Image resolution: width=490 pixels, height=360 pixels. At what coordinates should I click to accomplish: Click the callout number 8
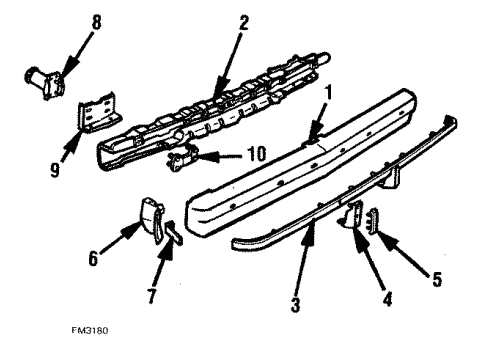tap(96, 23)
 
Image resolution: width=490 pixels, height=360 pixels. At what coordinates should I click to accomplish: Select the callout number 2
tap(243, 23)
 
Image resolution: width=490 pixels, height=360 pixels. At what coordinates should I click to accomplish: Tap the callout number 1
tap(329, 92)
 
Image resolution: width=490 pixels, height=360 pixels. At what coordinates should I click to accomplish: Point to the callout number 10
tap(257, 154)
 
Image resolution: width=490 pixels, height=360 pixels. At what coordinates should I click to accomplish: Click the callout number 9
tap(55, 170)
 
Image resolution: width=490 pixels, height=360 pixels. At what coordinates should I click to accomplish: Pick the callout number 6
tap(93, 258)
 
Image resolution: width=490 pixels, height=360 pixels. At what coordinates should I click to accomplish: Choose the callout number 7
tap(152, 296)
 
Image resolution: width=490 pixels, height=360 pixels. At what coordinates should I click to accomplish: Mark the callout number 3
tap(295, 305)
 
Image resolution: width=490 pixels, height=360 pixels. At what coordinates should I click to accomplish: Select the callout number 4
tap(387, 299)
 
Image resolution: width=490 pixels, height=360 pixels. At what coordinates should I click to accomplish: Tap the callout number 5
tap(437, 279)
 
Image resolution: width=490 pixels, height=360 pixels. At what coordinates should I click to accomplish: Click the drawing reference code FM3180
tap(90, 331)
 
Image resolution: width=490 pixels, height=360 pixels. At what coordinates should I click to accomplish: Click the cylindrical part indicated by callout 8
tap(45, 81)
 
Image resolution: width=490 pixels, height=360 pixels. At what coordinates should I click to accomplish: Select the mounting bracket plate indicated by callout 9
tap(99, 110)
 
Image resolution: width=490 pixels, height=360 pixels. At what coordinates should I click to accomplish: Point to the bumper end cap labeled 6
tap(151, 218)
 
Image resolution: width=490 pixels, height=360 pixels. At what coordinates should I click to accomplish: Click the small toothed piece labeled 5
tap(373, 221)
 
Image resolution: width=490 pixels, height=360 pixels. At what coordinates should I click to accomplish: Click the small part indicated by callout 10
tap(182, 158)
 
